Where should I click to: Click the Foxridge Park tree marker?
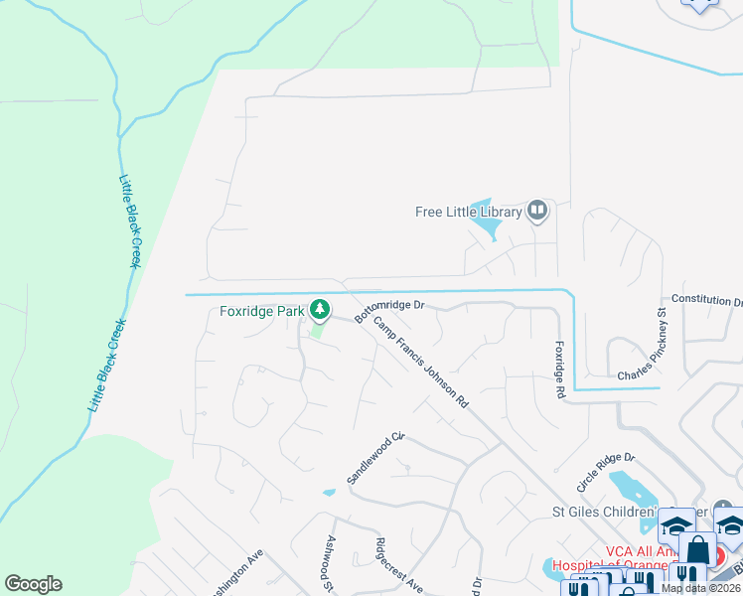[x=320, y=312]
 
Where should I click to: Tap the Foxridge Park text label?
[x=262, y=312]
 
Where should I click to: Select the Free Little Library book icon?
[x=537, y=211]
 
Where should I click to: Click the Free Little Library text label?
[x=468, y=212]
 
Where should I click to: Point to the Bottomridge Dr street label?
[x=389, y=313]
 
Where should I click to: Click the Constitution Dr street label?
[x=706, y=300]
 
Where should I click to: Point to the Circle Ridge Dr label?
[x=605, y=472]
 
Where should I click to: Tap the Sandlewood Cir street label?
[x=375, y=458]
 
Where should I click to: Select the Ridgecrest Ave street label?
[x=399, y=566]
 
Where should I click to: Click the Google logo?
[x=33, y=584]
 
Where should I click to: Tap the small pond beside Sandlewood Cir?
[x=329, y=492]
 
